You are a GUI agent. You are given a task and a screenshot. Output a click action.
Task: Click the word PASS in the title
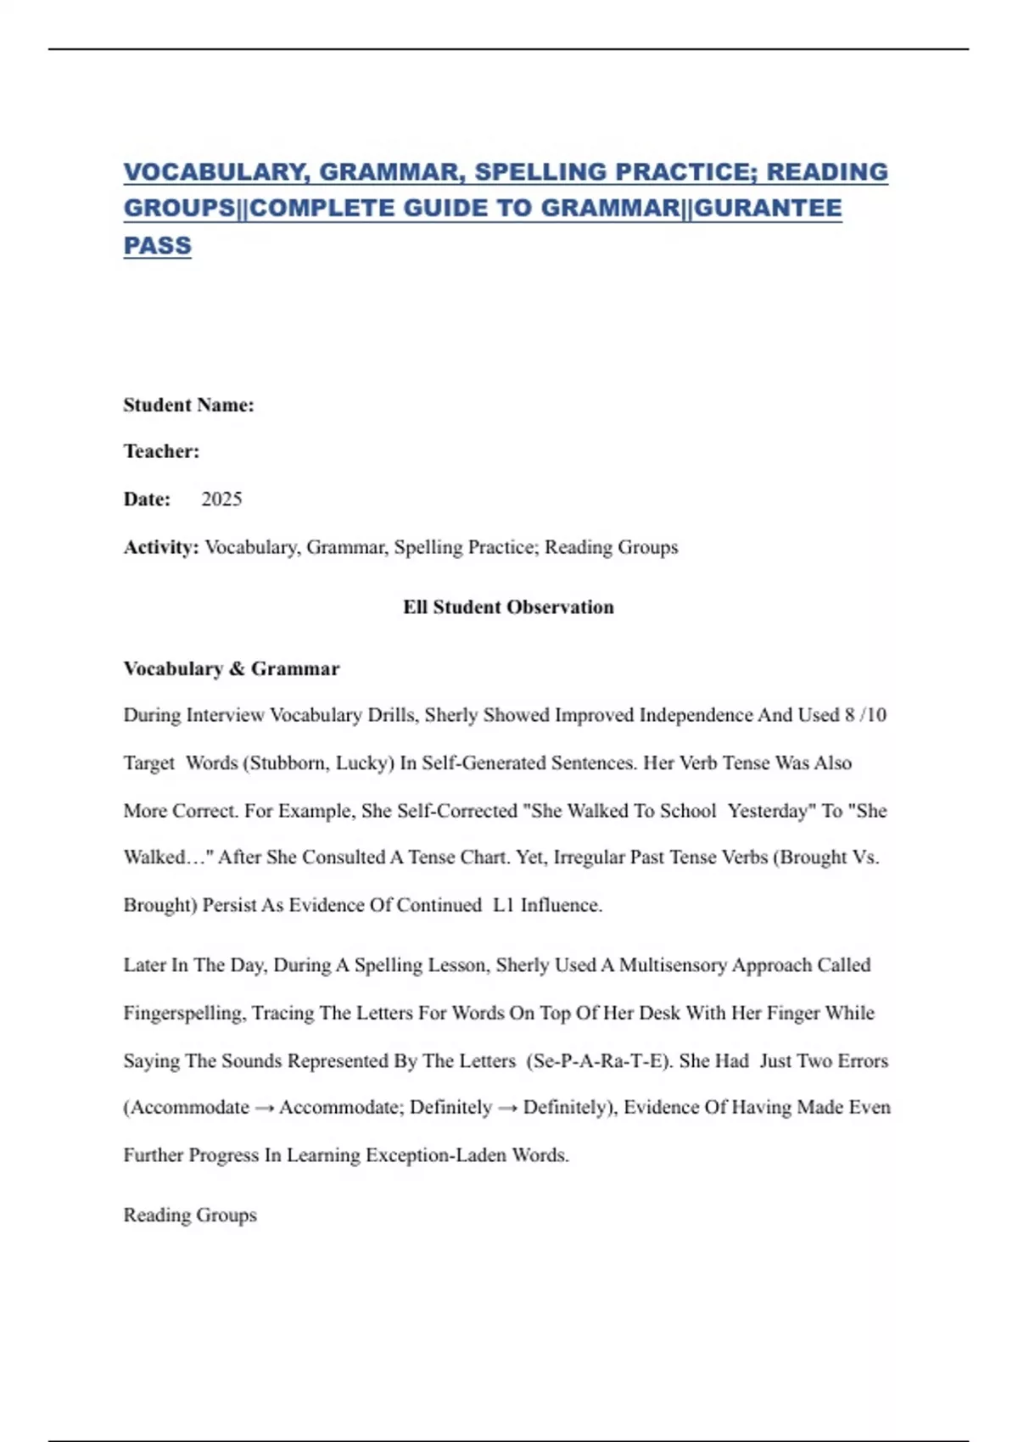point(158,245)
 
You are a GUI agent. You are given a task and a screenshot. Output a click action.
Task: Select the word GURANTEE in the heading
point(768,208)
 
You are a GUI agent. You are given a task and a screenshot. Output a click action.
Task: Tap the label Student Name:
point(188,405)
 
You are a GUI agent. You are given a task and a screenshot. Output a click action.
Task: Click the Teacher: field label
point(161,451)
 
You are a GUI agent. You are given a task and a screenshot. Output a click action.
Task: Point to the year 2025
point(221,499)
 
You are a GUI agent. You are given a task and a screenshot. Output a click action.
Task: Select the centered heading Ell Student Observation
point(508,607)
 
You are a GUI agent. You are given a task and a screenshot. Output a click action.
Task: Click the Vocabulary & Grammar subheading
point(232,668)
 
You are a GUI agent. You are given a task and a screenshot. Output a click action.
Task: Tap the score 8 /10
point(865,715)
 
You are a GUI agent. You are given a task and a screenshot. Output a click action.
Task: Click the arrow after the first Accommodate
point(264,1108)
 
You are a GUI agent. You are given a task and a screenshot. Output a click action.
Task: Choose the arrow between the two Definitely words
point(507,1108)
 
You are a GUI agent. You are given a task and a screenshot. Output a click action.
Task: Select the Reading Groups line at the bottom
point(190,1215)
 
